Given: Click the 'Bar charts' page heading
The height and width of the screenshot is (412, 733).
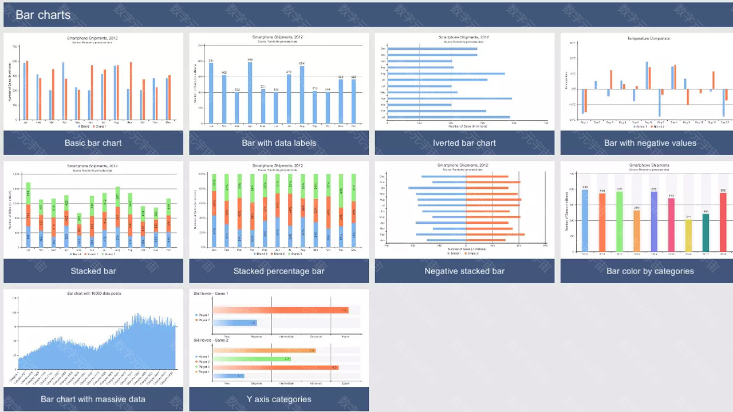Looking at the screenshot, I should (x=43, y=15).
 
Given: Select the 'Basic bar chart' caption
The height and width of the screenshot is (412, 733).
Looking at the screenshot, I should (x=93, y=143).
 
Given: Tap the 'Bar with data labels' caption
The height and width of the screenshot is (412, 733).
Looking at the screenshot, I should (x=279, y=143).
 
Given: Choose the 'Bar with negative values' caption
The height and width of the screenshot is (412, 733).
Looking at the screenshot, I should (x=650, y=143).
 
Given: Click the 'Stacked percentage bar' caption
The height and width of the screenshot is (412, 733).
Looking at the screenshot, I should (x=279, y=271).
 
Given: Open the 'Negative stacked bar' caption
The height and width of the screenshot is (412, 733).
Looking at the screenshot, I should (x=464, y=271).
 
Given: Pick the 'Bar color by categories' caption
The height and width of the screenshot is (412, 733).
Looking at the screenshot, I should (x=650, y=271).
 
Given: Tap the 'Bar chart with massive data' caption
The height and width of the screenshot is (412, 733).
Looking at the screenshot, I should (x=93, y=399).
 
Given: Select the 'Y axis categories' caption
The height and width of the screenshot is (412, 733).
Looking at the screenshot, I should (x=279, y=399).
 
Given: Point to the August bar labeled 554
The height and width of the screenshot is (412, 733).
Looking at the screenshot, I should (x=302, y=94).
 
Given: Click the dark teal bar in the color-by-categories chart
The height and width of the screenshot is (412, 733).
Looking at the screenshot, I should (x=706, y=233).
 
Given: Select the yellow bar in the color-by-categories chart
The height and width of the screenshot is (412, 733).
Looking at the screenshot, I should (x=688, y=236).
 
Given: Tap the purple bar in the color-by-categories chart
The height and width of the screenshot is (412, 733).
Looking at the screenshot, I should (x=654, y=222).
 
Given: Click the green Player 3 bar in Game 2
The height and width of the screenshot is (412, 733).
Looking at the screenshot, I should (x=253, y=359).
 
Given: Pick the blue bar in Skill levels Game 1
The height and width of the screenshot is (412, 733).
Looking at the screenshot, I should (x=235, y=323).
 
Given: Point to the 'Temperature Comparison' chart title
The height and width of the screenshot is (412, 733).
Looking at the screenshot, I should (x=648, y=38).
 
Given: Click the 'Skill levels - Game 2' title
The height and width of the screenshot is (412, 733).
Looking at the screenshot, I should (x=211, y=340).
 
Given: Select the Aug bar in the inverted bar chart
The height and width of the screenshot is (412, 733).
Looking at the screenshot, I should (x=447, y=73).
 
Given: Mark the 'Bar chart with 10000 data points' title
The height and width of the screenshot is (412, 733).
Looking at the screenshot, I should (x=94, y=294).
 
